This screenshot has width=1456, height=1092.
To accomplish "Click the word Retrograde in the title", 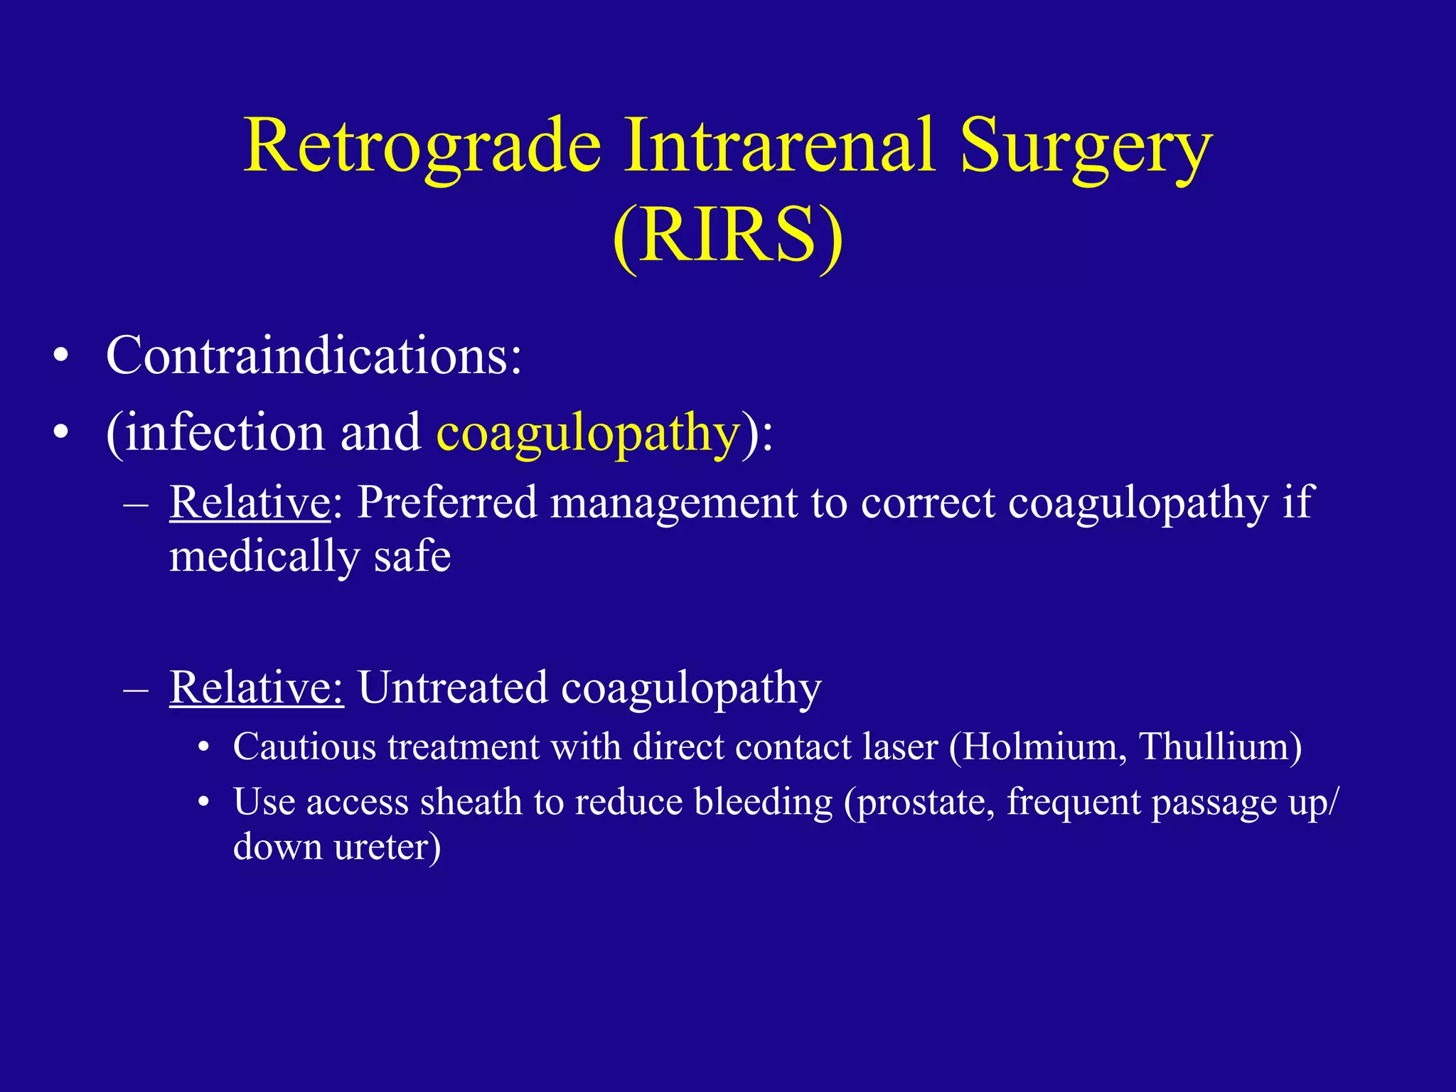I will coord(422,148).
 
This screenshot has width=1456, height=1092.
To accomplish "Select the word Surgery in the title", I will coord(1086,148).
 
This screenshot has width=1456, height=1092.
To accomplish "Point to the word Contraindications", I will coord(314,355).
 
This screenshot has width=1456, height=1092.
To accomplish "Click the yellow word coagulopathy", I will coord(588,434).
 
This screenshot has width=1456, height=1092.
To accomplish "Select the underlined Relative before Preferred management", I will coord(250,503).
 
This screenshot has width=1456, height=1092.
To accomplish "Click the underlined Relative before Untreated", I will coord(256,687).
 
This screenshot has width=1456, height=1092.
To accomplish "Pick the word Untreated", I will coord(452,687).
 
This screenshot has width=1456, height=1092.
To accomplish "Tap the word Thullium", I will coord(1220,747).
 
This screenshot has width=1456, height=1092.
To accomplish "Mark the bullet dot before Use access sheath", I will coord(204,803).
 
